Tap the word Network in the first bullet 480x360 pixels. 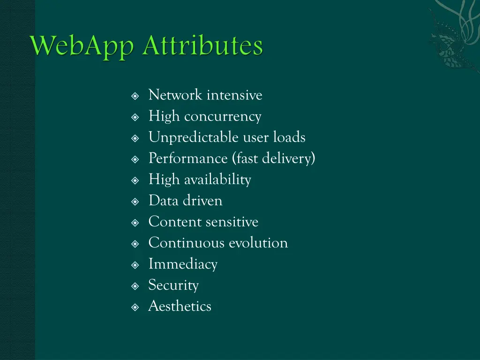(x=176, y=95)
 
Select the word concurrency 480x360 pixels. (x=223, y=117)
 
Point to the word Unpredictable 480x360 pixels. (x=194, y=137)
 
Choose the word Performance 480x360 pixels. (x=188, y=159)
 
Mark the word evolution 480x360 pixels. (x=258, y=243)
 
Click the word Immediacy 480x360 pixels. (x=183, y=264)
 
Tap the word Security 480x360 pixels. (x=173, y=285)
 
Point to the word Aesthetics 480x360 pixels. (x=180, y=306)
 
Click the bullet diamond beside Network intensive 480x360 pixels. (x=135, y=96)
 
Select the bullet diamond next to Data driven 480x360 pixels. (x=135, y=202)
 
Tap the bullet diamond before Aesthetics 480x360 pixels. (x=135, y=307)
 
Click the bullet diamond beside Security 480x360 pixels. (x=135, y=286)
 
